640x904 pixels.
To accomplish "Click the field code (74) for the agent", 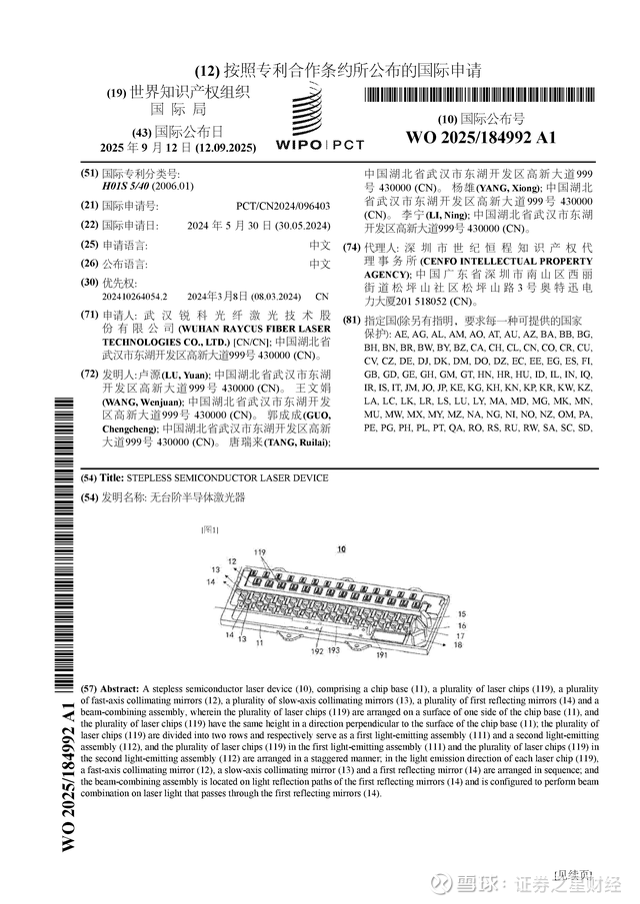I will click(352, 247).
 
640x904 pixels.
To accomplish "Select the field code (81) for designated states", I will click(352, 320).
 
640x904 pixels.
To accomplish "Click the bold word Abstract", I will click(120, 690).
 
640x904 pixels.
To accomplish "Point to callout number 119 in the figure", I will click(260, 552).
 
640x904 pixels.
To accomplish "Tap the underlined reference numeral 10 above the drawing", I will click(341, 549).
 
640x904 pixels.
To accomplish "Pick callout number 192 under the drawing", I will click(317, 648).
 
